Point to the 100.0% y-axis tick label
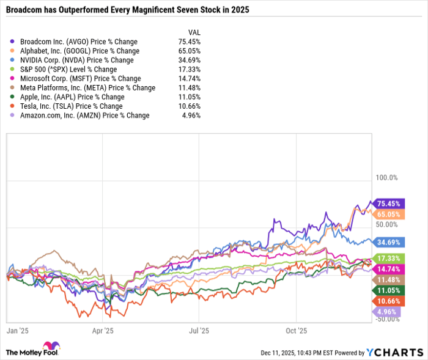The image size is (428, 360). point(386,178)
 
